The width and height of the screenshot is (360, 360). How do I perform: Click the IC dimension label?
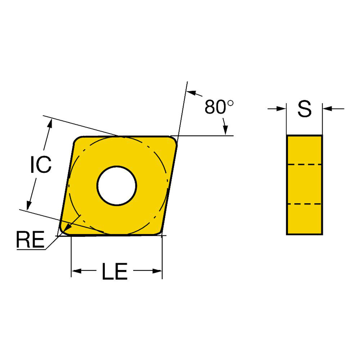40,165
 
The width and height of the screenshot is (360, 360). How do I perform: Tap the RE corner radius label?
30,240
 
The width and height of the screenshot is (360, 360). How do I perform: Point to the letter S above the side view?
305,109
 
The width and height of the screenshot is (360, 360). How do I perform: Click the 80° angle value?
219,107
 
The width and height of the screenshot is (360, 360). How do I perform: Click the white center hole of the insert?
117,185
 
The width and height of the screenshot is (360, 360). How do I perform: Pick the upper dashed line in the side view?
304,165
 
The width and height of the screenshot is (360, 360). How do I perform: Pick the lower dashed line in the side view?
304,204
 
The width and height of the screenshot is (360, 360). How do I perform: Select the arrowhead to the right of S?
327,108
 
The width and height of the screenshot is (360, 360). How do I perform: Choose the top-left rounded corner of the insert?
77,140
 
